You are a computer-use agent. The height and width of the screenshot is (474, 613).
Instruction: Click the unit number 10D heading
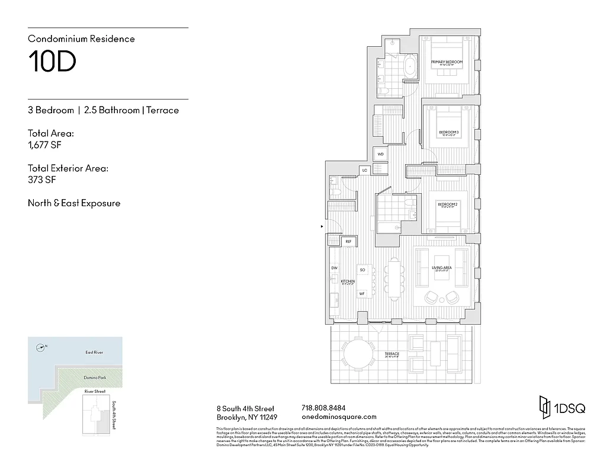52,62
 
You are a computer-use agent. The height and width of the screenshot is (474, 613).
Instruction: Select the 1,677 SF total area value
44,145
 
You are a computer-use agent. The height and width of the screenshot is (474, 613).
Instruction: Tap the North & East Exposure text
74,203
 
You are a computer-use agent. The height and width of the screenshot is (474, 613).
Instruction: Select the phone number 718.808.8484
323,408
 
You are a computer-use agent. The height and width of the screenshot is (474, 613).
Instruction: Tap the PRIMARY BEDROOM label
447,62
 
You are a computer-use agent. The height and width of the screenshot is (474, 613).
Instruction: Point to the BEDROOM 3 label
448,132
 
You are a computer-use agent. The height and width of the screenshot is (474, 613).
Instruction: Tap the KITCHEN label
347,281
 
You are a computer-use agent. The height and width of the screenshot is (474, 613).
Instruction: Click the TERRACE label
391,354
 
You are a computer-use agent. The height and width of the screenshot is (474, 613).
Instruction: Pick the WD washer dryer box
380,154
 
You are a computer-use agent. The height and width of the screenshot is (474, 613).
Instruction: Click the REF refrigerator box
348,242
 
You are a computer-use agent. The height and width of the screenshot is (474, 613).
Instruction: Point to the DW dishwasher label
334,268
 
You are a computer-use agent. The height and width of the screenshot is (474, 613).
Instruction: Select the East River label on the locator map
94,353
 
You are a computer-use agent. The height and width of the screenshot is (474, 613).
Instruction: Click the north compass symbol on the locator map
40,347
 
